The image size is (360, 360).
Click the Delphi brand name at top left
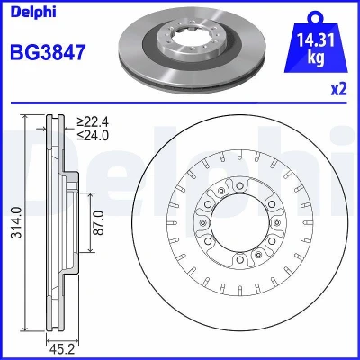click(x=33, y=12)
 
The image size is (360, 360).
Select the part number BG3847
click(x=48, y=52)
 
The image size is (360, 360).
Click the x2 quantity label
click(x=338, y=89)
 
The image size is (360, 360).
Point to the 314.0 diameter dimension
click(x=16, y=222)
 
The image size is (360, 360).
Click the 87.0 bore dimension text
click(x=99, y=222)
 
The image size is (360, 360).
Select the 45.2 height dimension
click(x=62, y=351)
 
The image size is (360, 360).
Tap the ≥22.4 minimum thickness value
click(x=93, y=122)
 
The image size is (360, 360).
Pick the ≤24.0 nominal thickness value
click(x=93, y=136)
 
